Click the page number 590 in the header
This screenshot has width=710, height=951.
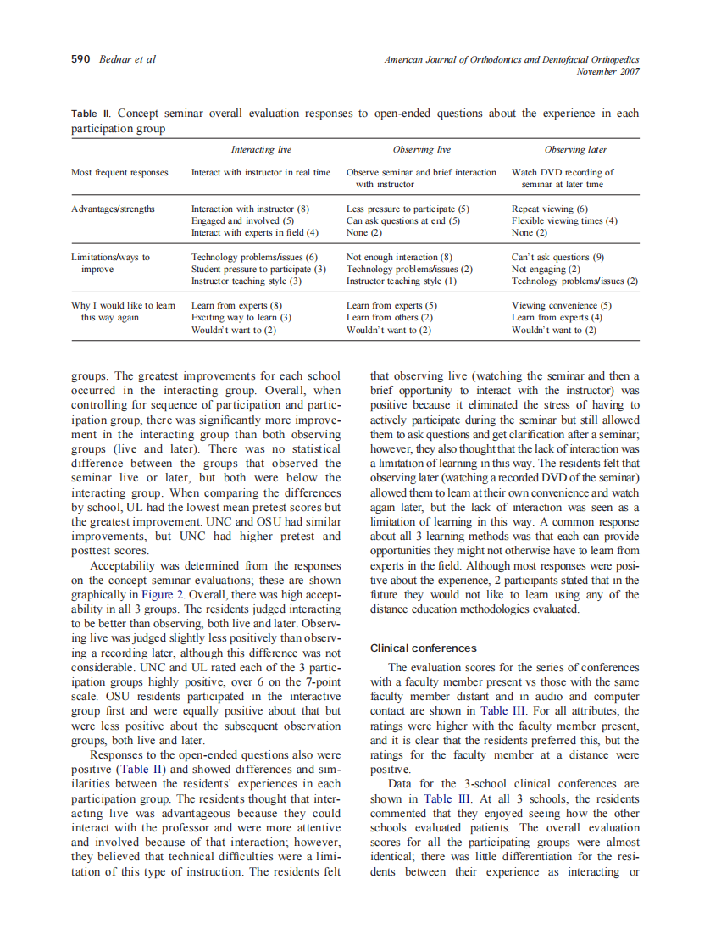coord(81,59)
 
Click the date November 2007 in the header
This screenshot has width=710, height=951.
coord(607,71)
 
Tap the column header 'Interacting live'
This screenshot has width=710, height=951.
coord(261,150)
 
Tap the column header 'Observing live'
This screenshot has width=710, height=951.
coord(421,150)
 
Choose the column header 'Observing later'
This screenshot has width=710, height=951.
coord(575,150)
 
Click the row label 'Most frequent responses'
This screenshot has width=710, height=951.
coord(119,172)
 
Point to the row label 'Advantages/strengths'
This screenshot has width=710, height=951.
coord(113,209)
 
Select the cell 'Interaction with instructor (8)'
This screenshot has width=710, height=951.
coord(250,209)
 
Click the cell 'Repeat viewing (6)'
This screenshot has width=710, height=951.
coord(549,209)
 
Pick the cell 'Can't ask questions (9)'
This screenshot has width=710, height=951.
coord(557,257)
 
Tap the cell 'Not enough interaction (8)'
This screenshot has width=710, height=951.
coord(399,257)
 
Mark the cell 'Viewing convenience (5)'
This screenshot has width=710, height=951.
coord(561,305)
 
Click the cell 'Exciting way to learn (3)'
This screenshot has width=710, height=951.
coord(241,317)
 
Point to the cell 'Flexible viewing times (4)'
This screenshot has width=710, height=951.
coord(564,220)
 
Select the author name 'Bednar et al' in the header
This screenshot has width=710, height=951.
coord(127,59)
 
